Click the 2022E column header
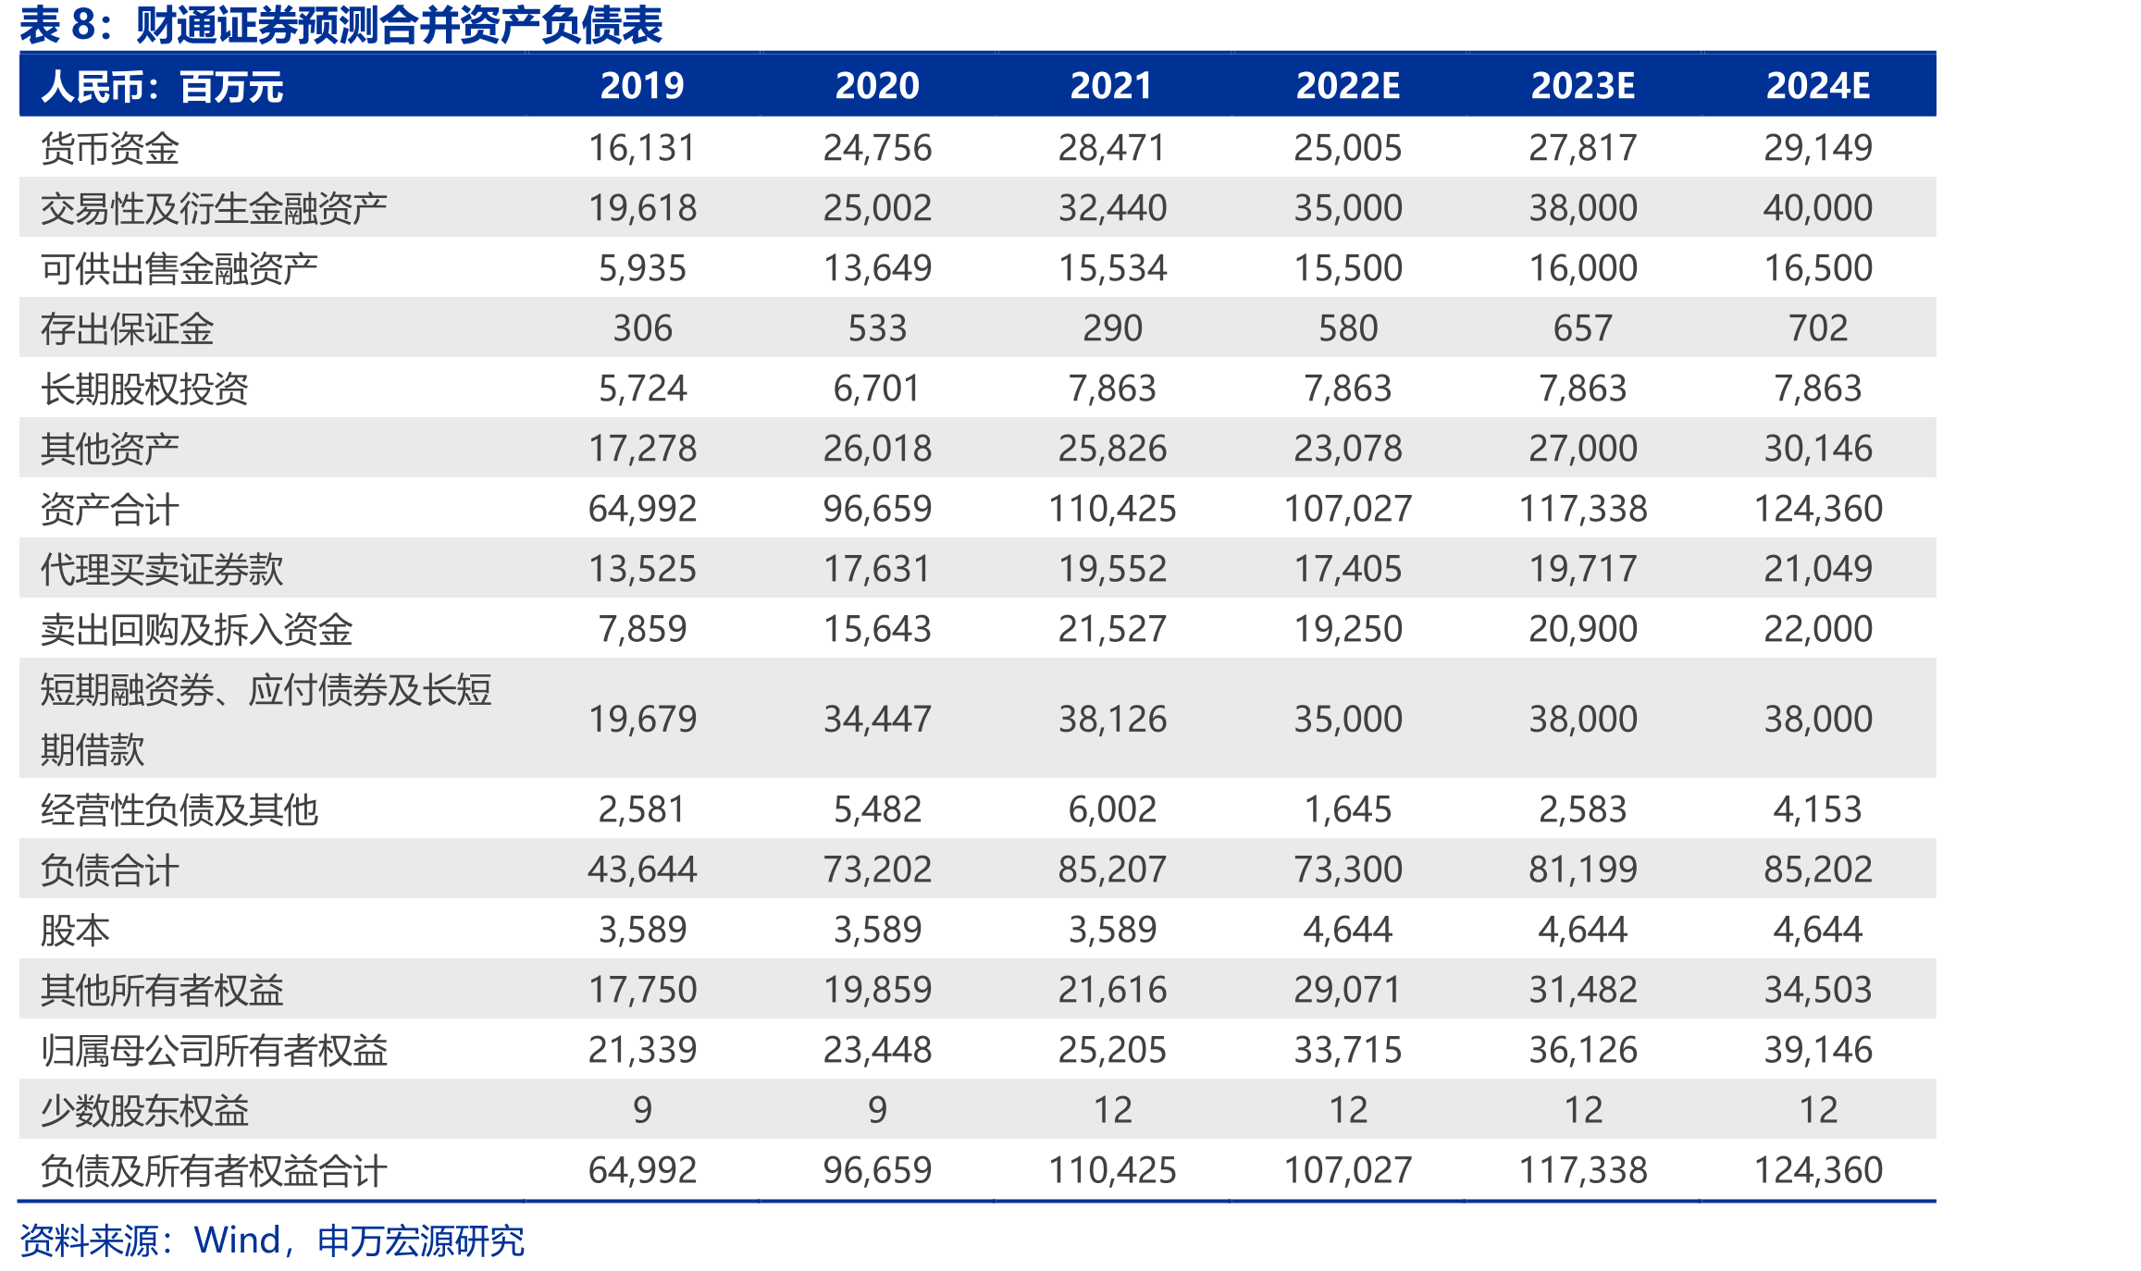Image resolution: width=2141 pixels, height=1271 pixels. (1347, 86)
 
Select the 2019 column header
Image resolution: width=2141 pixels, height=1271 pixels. (642, 86)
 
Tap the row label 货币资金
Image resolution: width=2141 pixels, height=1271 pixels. (110, 148)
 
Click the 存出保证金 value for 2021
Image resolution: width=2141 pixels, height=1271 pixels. (1112, 328)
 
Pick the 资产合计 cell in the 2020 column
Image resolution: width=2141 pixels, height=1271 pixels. (877, 509)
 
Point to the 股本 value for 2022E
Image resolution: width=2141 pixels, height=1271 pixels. (1347, 930)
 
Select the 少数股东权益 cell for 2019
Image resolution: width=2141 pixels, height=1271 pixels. (642, 1110)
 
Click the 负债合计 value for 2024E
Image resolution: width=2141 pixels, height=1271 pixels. (1817, 870)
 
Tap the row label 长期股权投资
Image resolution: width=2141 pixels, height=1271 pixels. (144, 389)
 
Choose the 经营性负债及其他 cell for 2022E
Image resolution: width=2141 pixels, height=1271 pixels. (1347, 809)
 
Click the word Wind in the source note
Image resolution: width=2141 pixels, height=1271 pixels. (237, 1240)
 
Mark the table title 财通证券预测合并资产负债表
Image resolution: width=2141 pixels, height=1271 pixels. (399, 25)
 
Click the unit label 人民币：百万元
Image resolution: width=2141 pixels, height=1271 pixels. (162, 87)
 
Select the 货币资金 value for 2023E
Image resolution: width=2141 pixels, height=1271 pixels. (1582, 148)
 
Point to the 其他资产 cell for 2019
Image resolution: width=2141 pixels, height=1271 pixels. (642, 449)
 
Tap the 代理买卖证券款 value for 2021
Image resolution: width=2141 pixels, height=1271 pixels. (1112, 569)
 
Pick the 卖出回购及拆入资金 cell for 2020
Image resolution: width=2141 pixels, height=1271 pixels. (877, 629)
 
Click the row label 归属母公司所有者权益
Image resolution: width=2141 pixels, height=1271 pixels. (214, 1050)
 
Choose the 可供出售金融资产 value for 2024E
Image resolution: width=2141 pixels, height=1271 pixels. (1817, 268)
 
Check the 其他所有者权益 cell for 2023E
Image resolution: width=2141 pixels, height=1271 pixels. (1582, 990)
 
